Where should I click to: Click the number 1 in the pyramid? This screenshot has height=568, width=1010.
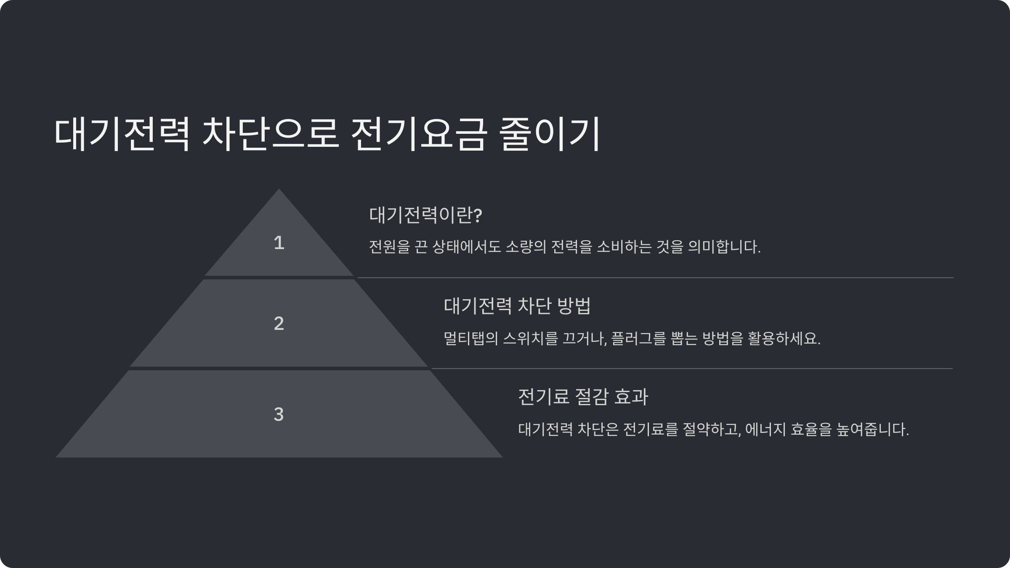point(279,243)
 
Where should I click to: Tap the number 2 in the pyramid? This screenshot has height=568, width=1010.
point(279,324)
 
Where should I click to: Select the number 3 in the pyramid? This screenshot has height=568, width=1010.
point(279,414)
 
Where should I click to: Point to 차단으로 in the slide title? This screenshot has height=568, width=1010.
point(271,134)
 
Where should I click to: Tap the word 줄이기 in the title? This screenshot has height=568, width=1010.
point(549,134)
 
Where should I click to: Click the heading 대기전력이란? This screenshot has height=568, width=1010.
point(425,215)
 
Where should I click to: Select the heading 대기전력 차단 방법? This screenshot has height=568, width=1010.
point(517,306)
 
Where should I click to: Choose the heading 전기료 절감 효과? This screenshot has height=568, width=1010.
point(583,397)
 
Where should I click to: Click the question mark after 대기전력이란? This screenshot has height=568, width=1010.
point(478,215)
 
